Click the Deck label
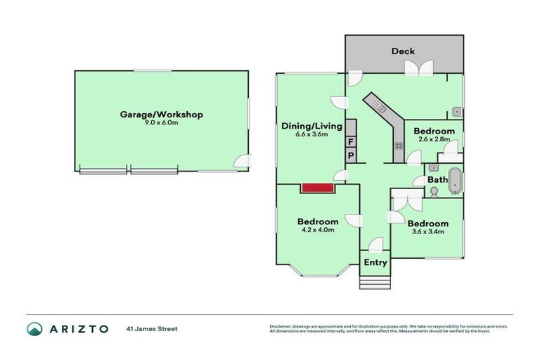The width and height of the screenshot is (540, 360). [x=403, y=51]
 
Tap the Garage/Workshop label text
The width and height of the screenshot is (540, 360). [x=161, y=114]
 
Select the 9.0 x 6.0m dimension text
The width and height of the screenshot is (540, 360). [x=161, y=123]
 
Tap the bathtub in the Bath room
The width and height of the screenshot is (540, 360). [x=455, y=179]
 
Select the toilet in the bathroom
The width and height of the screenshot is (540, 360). [x=433, y=191]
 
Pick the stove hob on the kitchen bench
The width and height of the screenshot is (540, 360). [x=398, y=146]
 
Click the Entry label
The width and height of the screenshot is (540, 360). [x=375, y=262]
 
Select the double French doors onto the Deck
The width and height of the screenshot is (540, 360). [x=420, y=68]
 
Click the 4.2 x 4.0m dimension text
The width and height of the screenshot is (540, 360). [x=318, y=230]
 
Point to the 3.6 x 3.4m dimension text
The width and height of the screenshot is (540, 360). [x=427, y=232]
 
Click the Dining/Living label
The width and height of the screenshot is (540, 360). [x=311, y=126]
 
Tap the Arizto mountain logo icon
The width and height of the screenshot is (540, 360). [x=35, y=328]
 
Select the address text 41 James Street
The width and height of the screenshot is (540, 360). [x=151, y=328]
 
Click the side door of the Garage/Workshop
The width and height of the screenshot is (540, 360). [x=243, y=162]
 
